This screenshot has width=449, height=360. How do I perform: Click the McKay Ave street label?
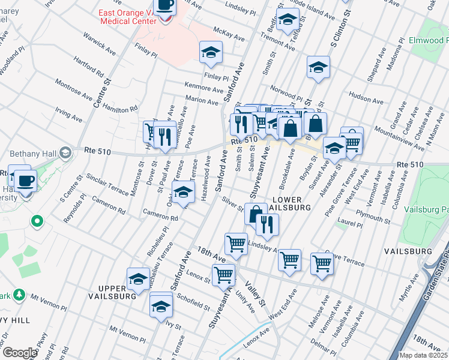(229, 34)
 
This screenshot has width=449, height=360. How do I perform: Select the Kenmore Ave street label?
(204, 88)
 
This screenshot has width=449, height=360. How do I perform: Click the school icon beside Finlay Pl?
(211, 52)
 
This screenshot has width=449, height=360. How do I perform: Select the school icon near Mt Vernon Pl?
(139, 279)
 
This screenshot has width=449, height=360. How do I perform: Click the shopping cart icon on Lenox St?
(223, 275)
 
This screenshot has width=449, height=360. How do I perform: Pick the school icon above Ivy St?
(161, 304)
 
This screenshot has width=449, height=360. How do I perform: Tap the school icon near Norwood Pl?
(318, 67)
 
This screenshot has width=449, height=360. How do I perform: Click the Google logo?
(20, 353)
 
